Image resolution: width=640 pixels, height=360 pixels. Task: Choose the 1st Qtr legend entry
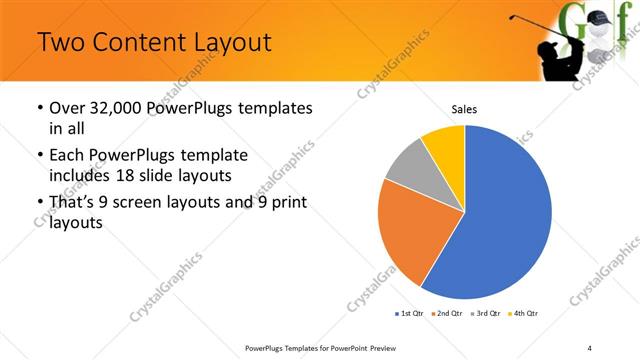click(411, 314)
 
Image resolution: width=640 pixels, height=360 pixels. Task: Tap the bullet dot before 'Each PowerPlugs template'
click(38, 156)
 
